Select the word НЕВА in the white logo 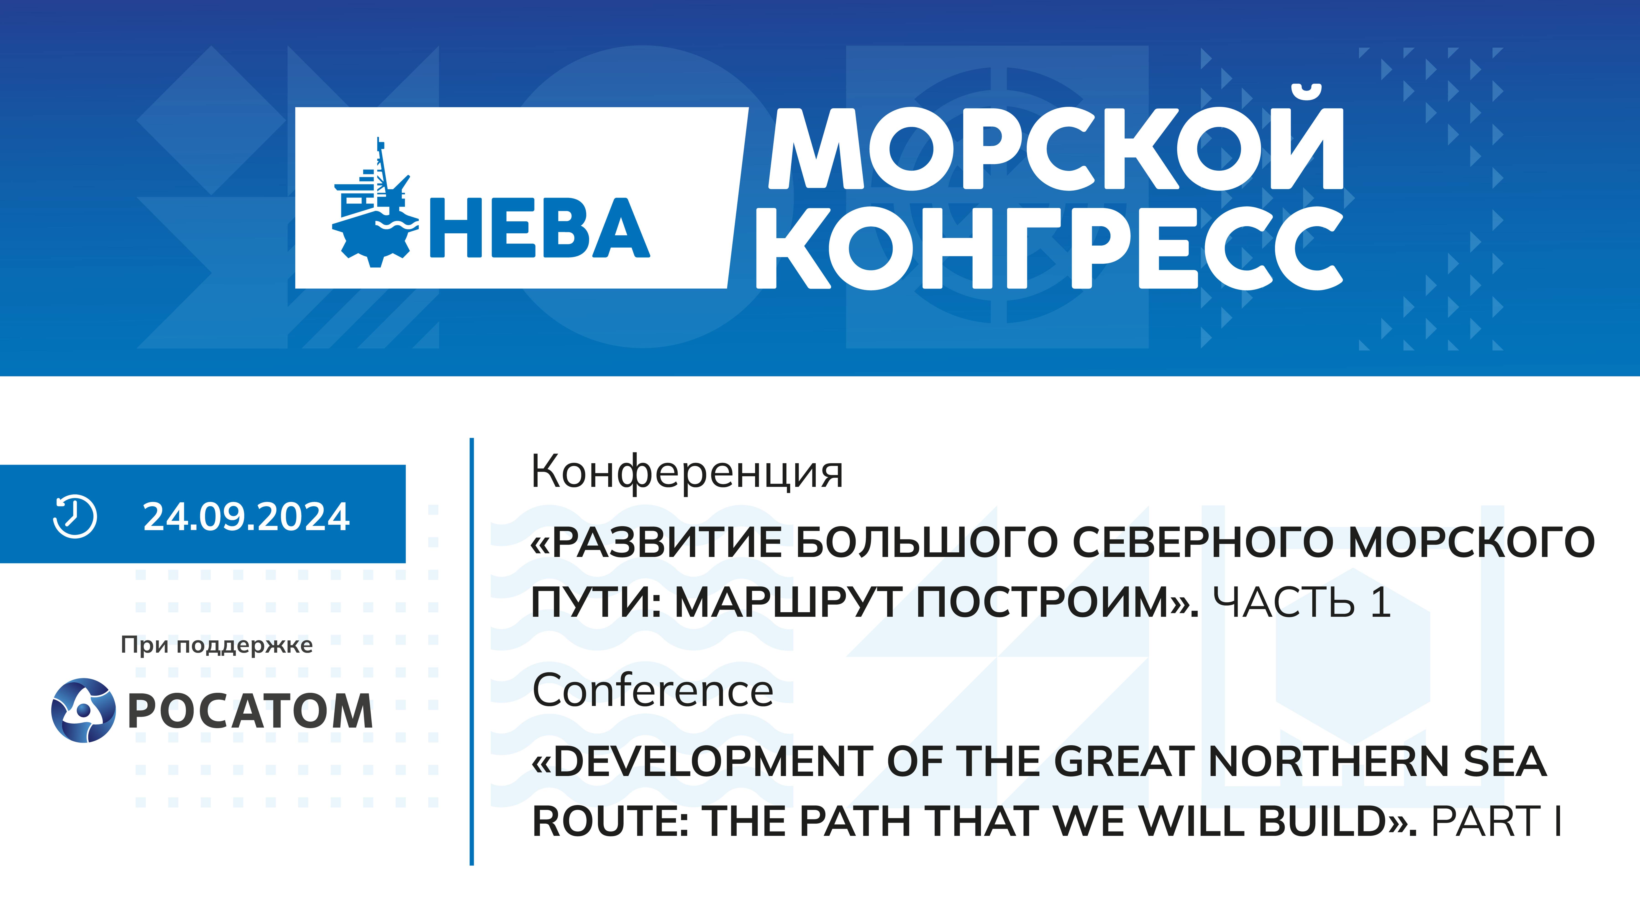coord(540,228)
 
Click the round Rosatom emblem coord(83,710)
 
